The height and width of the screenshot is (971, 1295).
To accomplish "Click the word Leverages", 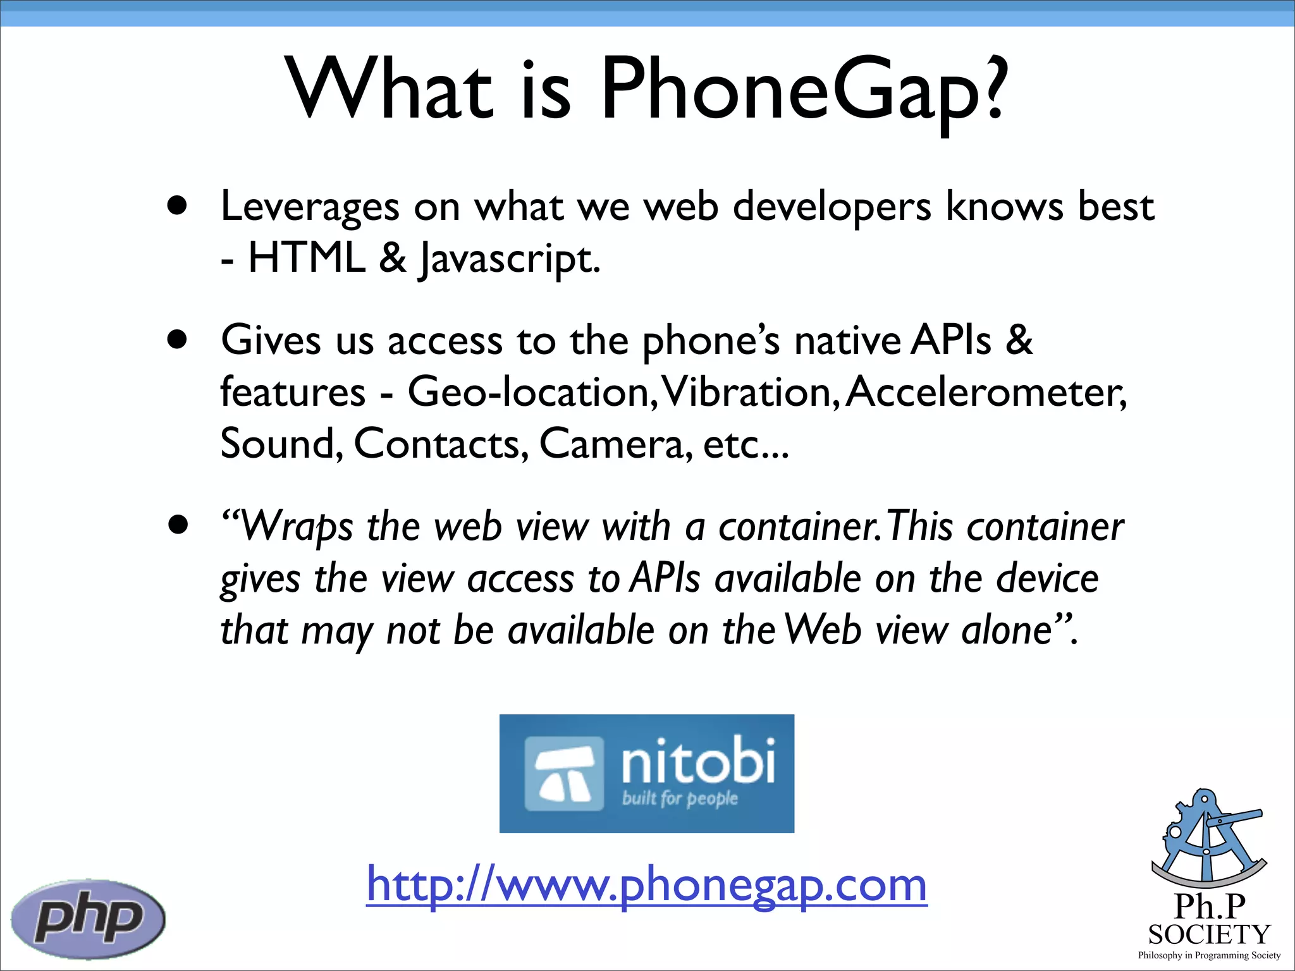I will pyautogui.click(x=310, y=207).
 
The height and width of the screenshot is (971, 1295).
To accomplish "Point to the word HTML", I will pyautogui.click(x=307, y=258).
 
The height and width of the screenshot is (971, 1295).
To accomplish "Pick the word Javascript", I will pyautogui.click(x=508, y=259).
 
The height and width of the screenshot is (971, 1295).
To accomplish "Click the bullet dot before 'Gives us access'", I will pyautogui.click(x=178, y=339).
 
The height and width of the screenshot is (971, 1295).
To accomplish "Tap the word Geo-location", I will pyautogui.click(x=528, y=392).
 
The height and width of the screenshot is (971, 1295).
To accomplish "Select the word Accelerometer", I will pyautogui.click(x=985, y=392).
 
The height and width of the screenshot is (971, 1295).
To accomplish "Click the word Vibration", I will pyautogui.click(x=749, y=392).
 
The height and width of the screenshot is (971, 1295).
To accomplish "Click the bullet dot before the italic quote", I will pyautogui.click(x=178, y=525).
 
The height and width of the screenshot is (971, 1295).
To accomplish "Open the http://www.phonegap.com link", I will pyautogui.click(x=646, y=885).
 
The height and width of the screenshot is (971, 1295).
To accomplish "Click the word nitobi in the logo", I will pyautogui.click(x=697, y=761).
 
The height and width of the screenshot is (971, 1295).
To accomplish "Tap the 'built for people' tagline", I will pyautogui.click(x=680, y=798).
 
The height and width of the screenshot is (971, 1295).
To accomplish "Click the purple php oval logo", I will pyautogui.click(x=88, y=918).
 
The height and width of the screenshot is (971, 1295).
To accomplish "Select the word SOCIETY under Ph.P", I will pyautogui.click(x=1209, y=934).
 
